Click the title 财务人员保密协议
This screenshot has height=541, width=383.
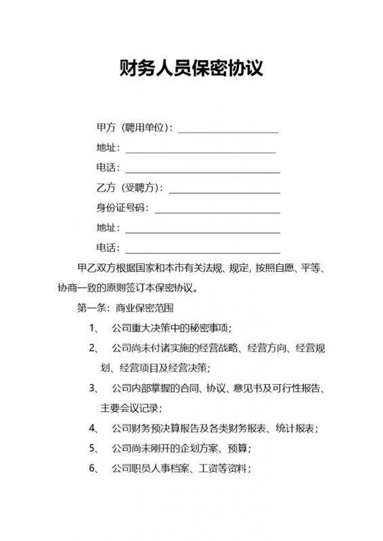coord(191,69)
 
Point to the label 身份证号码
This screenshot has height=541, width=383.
coord(122,208)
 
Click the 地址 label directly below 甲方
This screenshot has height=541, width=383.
coord(108,148)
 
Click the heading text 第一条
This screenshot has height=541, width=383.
coord(92,308)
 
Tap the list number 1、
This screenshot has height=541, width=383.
coord(95,329)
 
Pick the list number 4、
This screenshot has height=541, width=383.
coord(95,428)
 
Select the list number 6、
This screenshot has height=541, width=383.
coord(95,468)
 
